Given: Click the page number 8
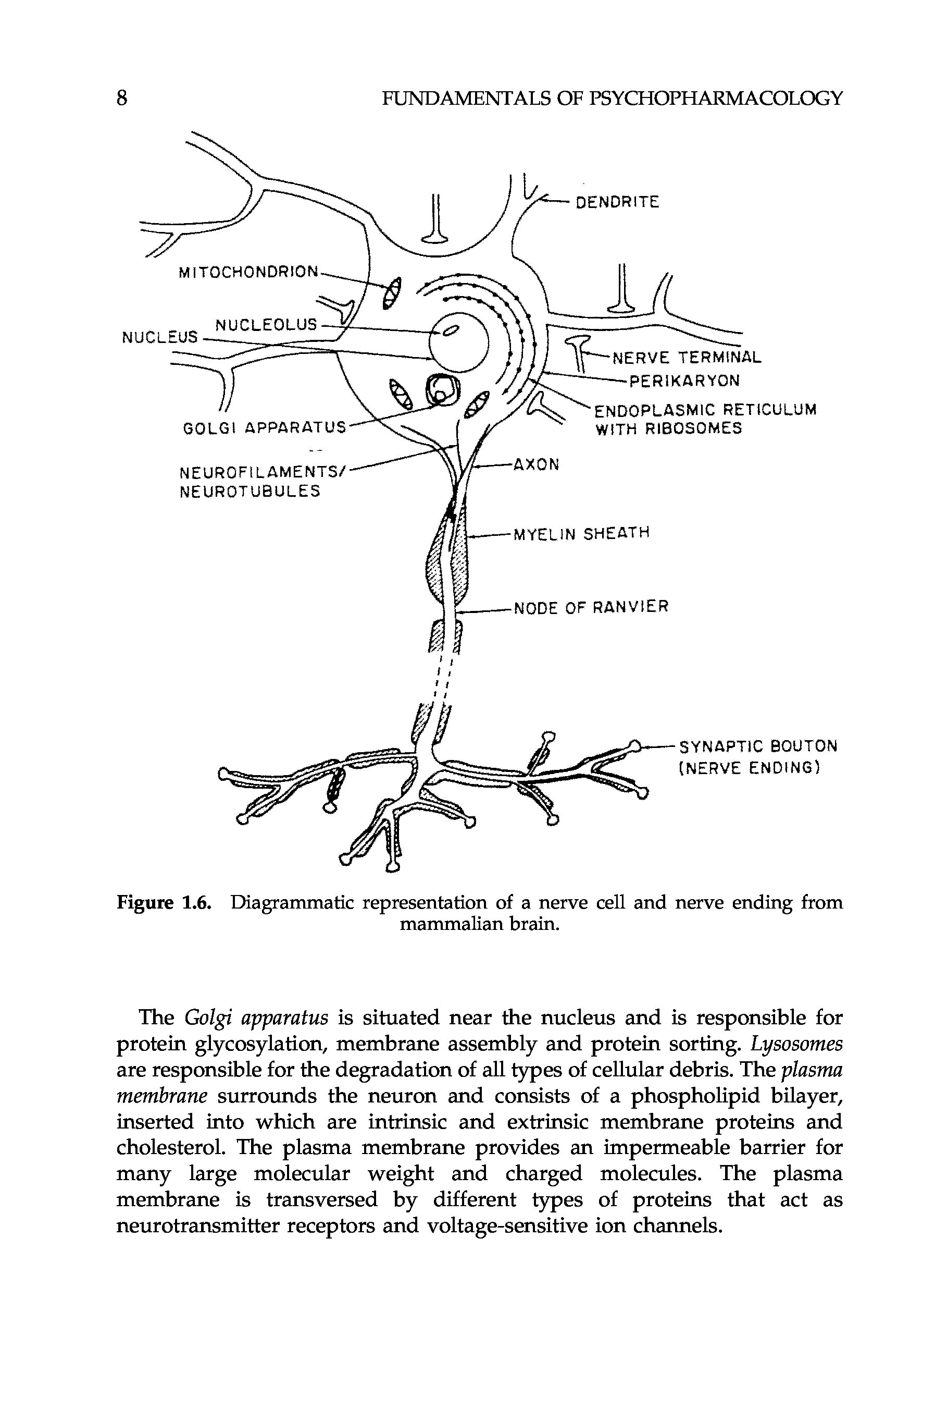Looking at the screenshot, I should click(x=122, y=97).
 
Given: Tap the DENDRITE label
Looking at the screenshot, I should click(x=617, y=202).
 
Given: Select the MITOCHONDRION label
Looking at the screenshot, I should click(x=248, y=272).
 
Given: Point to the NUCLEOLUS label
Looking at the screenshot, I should click(x=266, y=325).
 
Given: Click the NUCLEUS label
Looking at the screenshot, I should click(x=159, y=337).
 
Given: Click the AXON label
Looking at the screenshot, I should click(x=537, y=464).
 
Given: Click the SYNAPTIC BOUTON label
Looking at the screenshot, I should click(x=758, y=746).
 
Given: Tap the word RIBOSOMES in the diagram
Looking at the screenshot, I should click(x=696, y=428).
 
